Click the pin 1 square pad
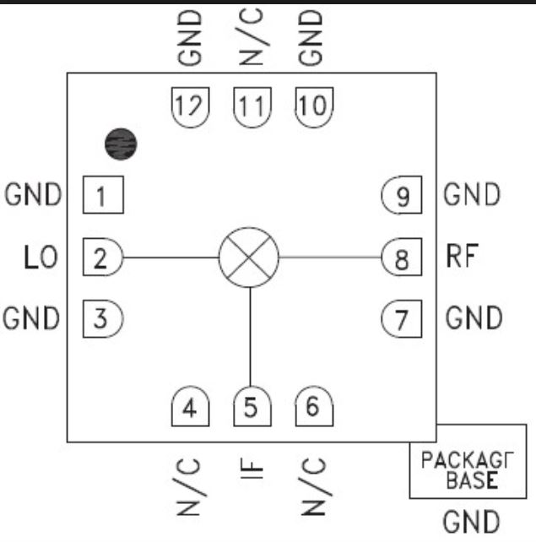coord(103,195)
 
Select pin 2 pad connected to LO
coord(103,257)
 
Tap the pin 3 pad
coord(103,319)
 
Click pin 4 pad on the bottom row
coord(191,406)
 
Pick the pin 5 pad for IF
coord(252,406)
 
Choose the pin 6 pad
coord(315,406)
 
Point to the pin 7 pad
coord(402,319)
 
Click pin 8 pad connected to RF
coord(402,257)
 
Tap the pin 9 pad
coord(402,195)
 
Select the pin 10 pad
coord(315,107)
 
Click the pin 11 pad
coord(252,107)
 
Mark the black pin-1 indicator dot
coord(121,144)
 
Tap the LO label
coord(41,257)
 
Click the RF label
coord(463,256)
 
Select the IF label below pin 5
coord(252,469)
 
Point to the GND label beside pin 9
coord(472,194)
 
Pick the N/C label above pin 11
coord(252,36)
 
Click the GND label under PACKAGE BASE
coord(472,522)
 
